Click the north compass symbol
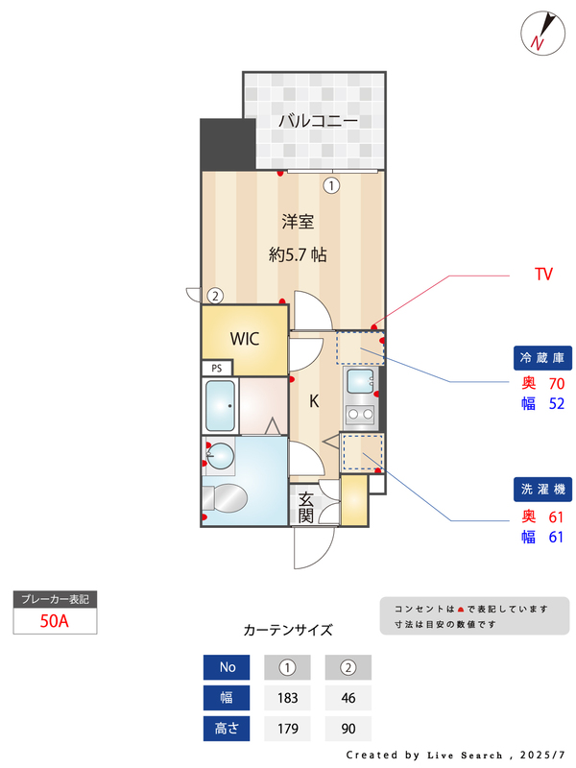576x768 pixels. [540, 33]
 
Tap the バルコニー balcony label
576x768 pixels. [318, 121]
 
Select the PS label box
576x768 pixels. [217, 368]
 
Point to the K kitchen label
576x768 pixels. [313, 402]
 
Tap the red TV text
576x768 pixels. [543, 275]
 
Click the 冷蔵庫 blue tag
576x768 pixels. [544, 358]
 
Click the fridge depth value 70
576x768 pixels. [556, 383]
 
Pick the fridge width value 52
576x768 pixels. [556, 403]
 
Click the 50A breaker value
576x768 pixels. [55, 620]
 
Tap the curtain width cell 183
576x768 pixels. [286, 698]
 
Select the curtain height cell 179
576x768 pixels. [286, 729]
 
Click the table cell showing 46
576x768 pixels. [348, 698]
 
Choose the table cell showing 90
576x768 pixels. [348, 729]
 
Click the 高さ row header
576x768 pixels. [227, 729]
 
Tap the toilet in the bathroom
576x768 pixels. [227, 497]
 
